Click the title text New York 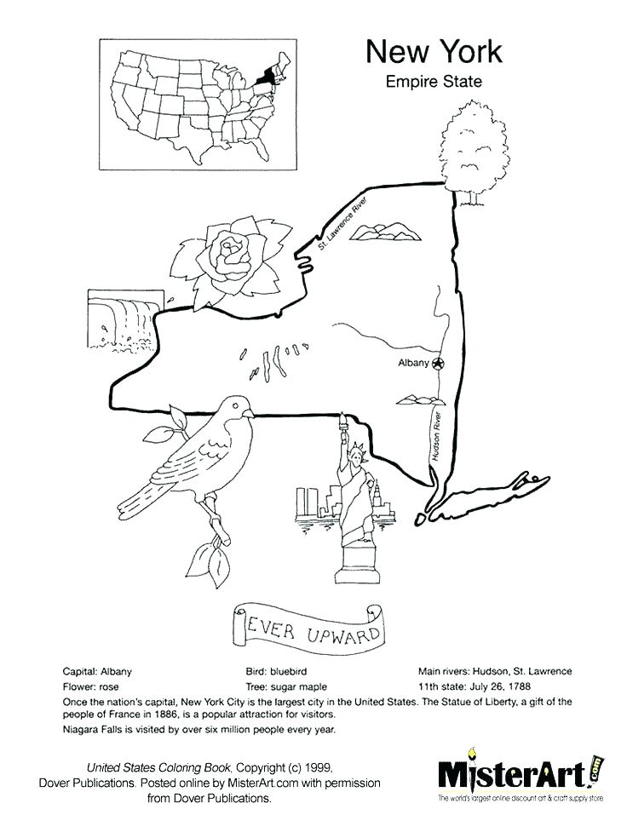(x=434, y=52)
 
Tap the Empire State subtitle (x=434, y=83)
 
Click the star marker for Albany (x=439, y=364)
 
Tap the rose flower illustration (x=230, y=255)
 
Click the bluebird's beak (x=250, y=413)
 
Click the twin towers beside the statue (x=305, y=502)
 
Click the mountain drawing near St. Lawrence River (x=380, y=230)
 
